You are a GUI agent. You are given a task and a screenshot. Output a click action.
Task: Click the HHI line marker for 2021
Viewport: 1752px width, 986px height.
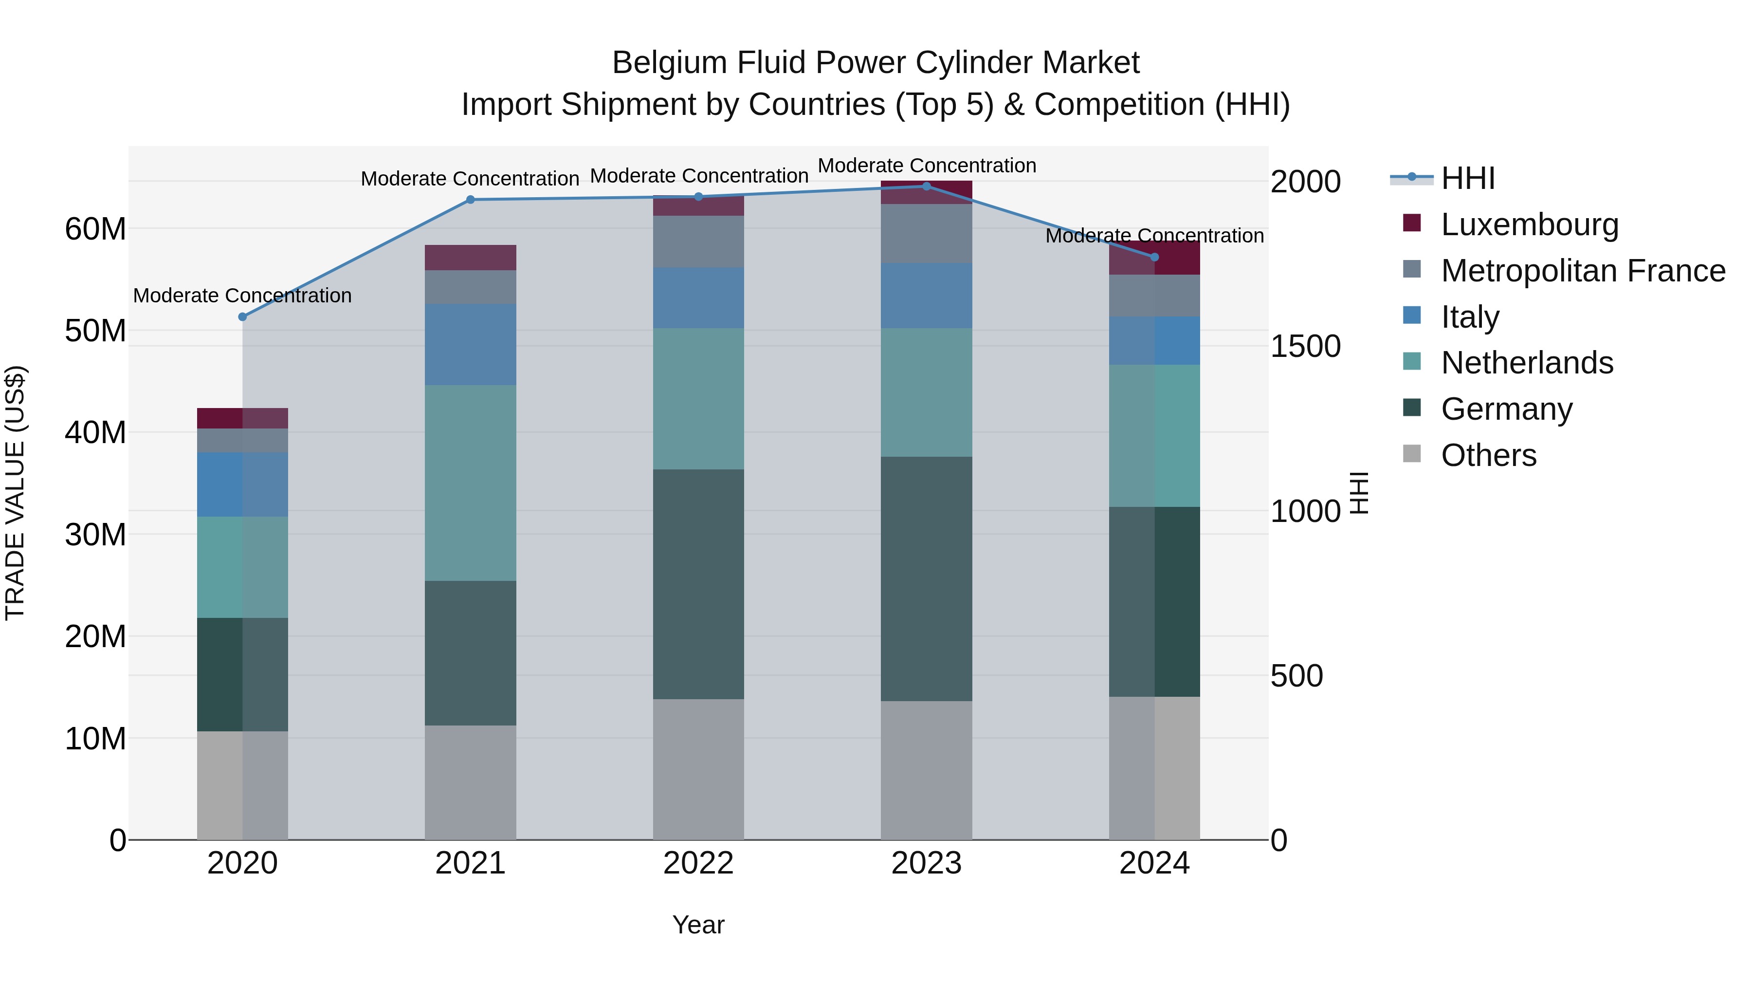[470, 199]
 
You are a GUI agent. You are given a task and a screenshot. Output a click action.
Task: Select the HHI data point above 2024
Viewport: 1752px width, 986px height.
[1154, 257]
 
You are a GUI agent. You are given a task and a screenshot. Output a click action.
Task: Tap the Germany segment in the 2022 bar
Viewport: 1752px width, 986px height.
[698, 584]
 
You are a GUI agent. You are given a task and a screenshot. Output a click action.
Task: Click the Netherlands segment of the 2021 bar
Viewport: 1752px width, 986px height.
[470, 483]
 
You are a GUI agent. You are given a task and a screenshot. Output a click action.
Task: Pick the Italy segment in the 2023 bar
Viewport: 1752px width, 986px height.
[926, 296]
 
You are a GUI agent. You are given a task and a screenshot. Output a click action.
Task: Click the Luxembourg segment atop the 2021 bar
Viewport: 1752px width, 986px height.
[470, 257]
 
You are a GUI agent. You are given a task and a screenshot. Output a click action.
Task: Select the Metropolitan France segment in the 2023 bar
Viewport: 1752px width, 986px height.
[926, 233]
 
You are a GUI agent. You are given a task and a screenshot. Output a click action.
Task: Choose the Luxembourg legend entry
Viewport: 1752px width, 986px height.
[1529, 224]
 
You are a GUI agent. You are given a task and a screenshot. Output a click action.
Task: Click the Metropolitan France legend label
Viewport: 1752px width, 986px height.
[1583, 270]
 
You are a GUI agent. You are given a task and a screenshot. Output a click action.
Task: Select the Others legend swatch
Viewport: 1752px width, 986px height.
[1412, 454]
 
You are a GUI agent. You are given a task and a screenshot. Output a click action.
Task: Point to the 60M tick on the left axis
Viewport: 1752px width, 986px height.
[95, 229]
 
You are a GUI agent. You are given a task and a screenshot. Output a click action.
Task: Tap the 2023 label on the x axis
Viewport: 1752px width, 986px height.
[926, 863]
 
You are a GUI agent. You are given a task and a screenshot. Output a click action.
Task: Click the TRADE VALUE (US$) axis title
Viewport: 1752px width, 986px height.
[15, 493]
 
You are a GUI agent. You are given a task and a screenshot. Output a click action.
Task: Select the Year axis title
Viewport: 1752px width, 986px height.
[698, 925]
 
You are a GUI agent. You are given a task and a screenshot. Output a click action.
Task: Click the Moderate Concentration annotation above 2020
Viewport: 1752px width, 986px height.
[242, 296]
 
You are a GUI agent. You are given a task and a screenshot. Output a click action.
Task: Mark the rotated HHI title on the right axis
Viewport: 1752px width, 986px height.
[1358, 493]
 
